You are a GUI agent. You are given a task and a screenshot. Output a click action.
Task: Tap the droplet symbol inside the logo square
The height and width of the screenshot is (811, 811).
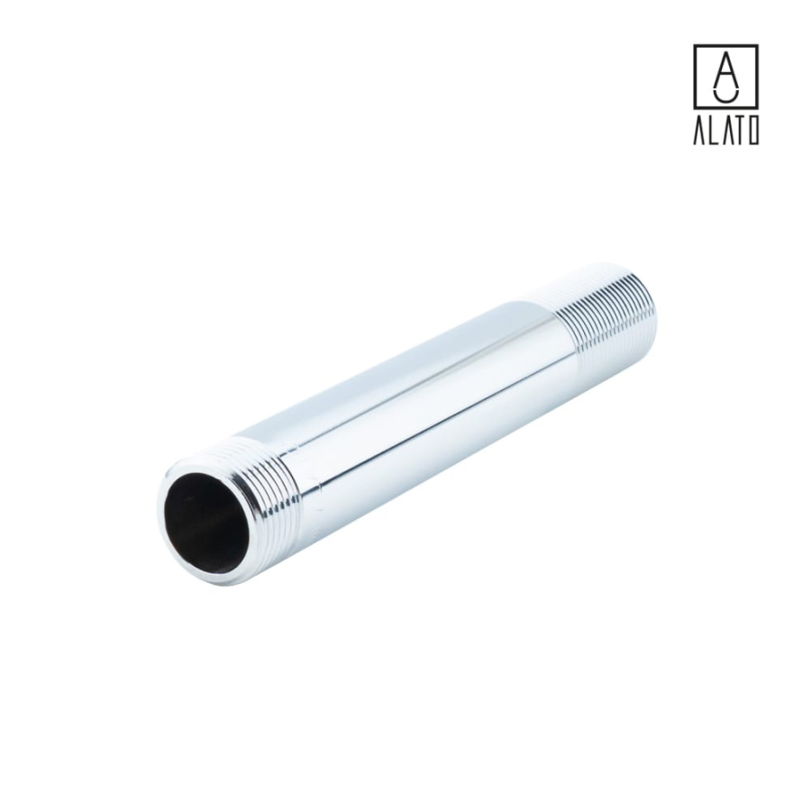point(725,76)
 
